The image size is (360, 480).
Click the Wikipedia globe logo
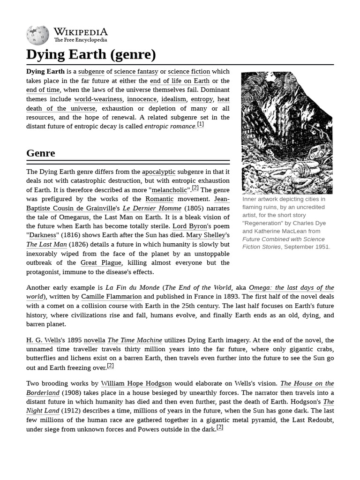pyautogui.click(x=37, y=35)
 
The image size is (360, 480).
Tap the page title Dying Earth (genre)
pyautogui.click(x=91, y=55)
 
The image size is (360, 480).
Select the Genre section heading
pyautogui.click(x=41, y=153)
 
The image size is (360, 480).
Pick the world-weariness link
pyautogui.click(x=98, y=99)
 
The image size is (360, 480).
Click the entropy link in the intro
pyautogui.click(x=202, y=99)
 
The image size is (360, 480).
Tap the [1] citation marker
pyautogui.click(x=200, y=125)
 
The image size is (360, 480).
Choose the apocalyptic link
pyautogui.click(x=158, y=172)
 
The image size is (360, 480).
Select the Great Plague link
pyautogui.click(x=101, y=263)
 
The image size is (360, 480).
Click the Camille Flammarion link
pyautogui.click(x=112, y=297)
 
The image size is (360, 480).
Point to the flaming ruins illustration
pyautogui.click(x=286, y=133)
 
